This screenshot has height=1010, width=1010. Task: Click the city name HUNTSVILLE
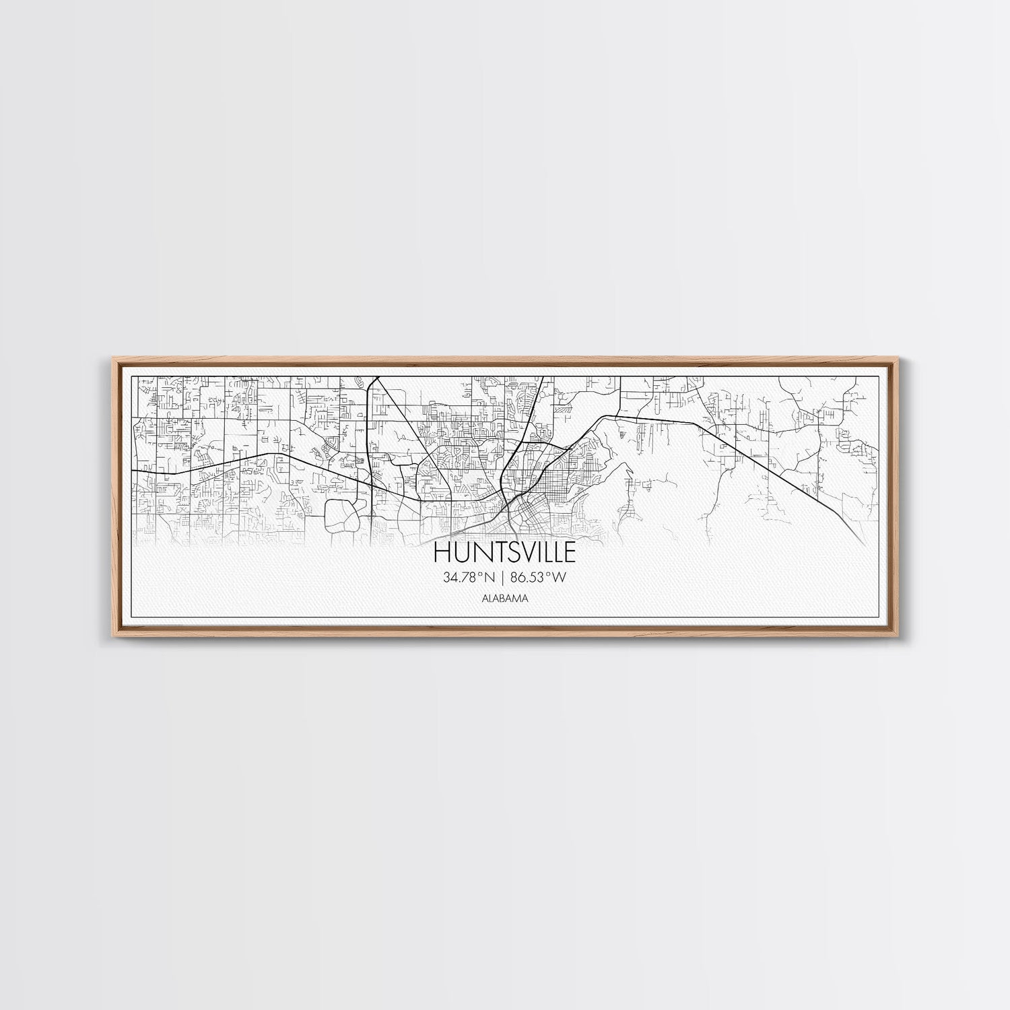pyautogui.click(x=504, y=552)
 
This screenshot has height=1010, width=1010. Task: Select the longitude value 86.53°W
pyautogui.click(x=539, y=577)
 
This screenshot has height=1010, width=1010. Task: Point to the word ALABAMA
pyautogui.click(x=504, y=598)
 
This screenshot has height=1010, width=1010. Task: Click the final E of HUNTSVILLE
pyautogui.click(x=570, y=552)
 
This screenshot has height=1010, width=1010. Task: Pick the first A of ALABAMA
pyautogui.click(x=484, y=598)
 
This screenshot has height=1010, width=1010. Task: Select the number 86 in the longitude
pyautogui.click(x=520, y=577)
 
